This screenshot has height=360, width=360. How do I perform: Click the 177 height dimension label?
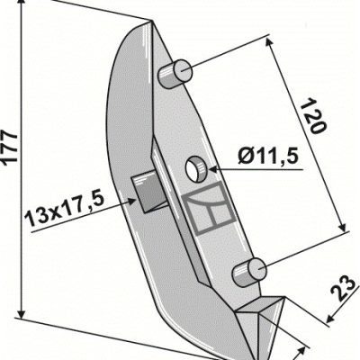pos(10,147)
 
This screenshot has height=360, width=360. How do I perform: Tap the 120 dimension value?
pos(313,115)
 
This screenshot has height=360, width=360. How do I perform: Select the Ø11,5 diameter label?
pos(268,157)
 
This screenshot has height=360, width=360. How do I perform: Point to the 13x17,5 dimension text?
pos(65,209)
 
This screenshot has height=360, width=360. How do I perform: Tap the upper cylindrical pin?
pos(175,74)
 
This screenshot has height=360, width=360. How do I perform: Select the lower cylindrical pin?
pos(249,272)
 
